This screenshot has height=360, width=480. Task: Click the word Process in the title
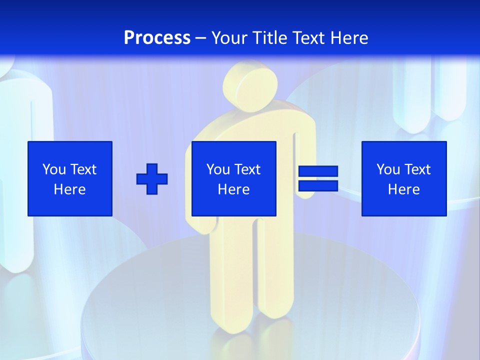point(157,38)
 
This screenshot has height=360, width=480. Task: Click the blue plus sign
point(152,178)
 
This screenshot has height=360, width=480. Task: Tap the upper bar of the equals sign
point(318,171)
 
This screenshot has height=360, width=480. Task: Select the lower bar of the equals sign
point(318,185)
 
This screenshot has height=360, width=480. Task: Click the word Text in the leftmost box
point(83,169)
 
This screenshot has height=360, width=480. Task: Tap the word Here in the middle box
point(234,189)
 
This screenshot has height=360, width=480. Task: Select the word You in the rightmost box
point(388,169)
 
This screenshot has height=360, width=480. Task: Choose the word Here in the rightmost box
point(404,189)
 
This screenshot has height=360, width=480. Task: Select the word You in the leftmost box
point(54,169)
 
